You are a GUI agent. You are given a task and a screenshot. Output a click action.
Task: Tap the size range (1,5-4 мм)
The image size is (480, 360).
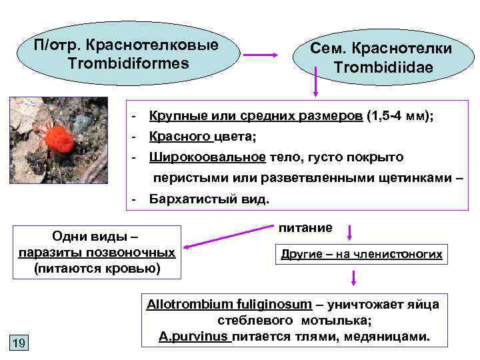pos(399,116)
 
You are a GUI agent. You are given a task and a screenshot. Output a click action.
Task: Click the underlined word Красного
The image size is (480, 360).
pos(180,137)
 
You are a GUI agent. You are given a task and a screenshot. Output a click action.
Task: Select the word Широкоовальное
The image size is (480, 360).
pos(207,157)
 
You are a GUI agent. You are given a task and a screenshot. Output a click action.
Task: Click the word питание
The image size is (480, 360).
pos(305,228)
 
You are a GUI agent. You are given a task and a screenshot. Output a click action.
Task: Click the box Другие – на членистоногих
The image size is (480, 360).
pos(361,255)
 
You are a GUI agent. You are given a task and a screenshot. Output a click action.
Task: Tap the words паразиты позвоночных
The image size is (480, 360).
pos(97,253)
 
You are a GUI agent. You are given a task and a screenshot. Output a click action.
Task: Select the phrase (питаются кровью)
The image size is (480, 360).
pos(97,268)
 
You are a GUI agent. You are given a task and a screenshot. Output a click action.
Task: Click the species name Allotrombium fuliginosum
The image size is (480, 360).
pos(229,305)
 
